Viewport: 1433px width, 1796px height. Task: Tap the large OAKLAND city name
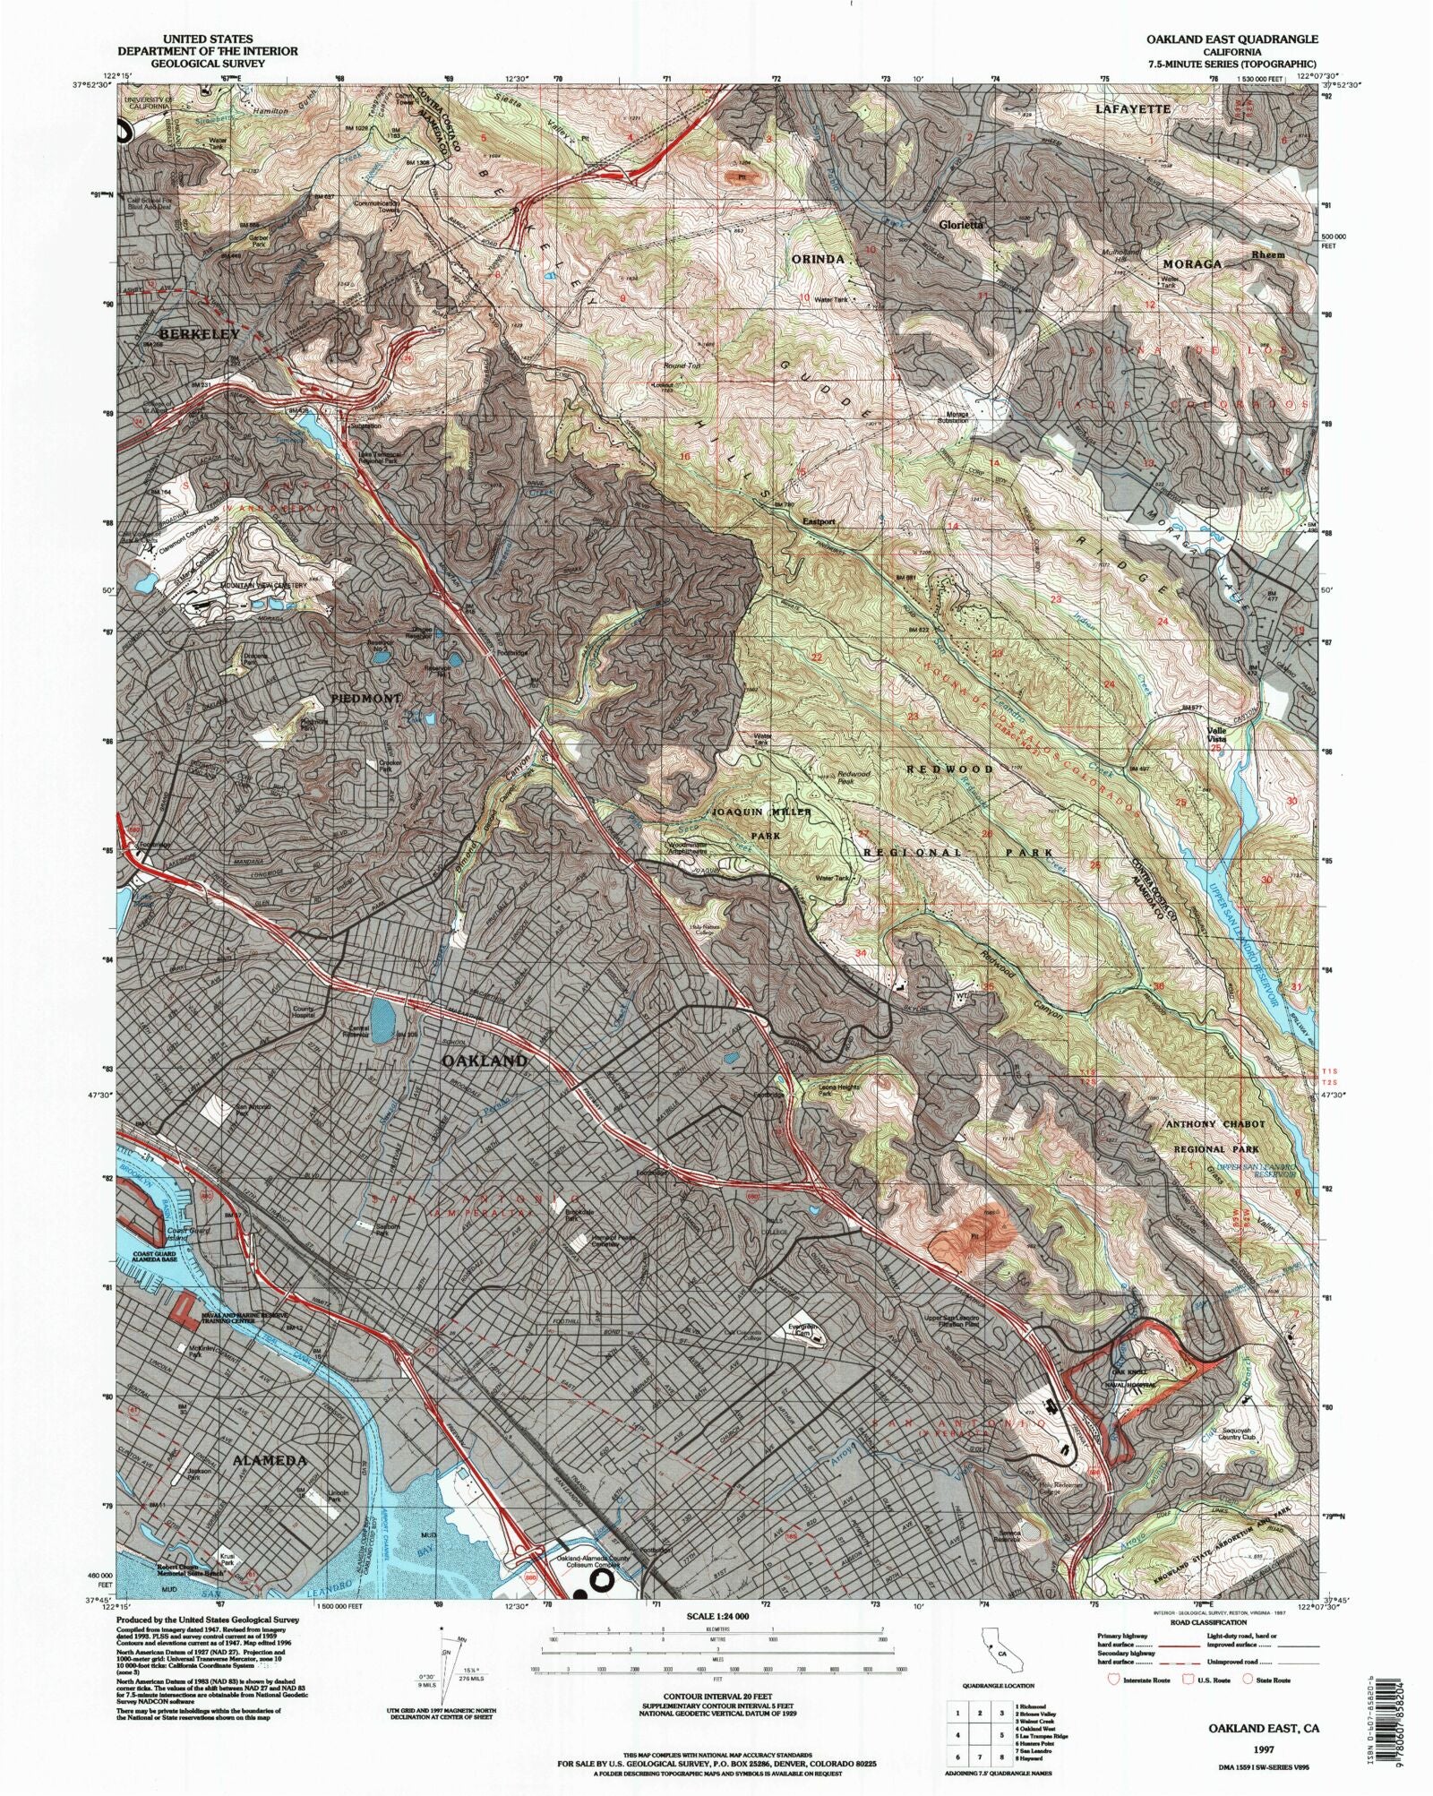click(485, 1061)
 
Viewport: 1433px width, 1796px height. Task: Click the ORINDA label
click(818, 259)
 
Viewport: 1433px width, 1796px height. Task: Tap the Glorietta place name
click(960, 225)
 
